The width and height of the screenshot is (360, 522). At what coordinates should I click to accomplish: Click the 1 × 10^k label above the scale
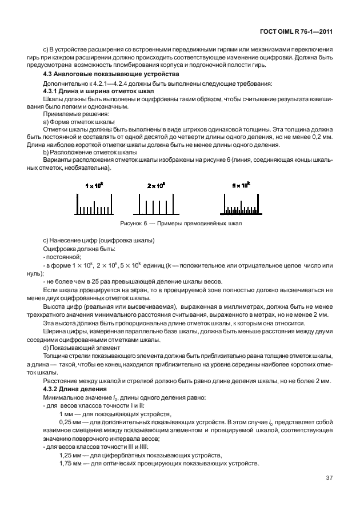point(94,186)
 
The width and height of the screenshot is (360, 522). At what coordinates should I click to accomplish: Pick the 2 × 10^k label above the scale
point(156,186)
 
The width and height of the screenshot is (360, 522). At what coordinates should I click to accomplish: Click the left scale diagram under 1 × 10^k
point(94,204)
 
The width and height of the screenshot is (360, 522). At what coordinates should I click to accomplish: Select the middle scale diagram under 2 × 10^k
point(156,204)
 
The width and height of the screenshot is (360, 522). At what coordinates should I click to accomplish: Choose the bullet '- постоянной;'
point(62,257)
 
